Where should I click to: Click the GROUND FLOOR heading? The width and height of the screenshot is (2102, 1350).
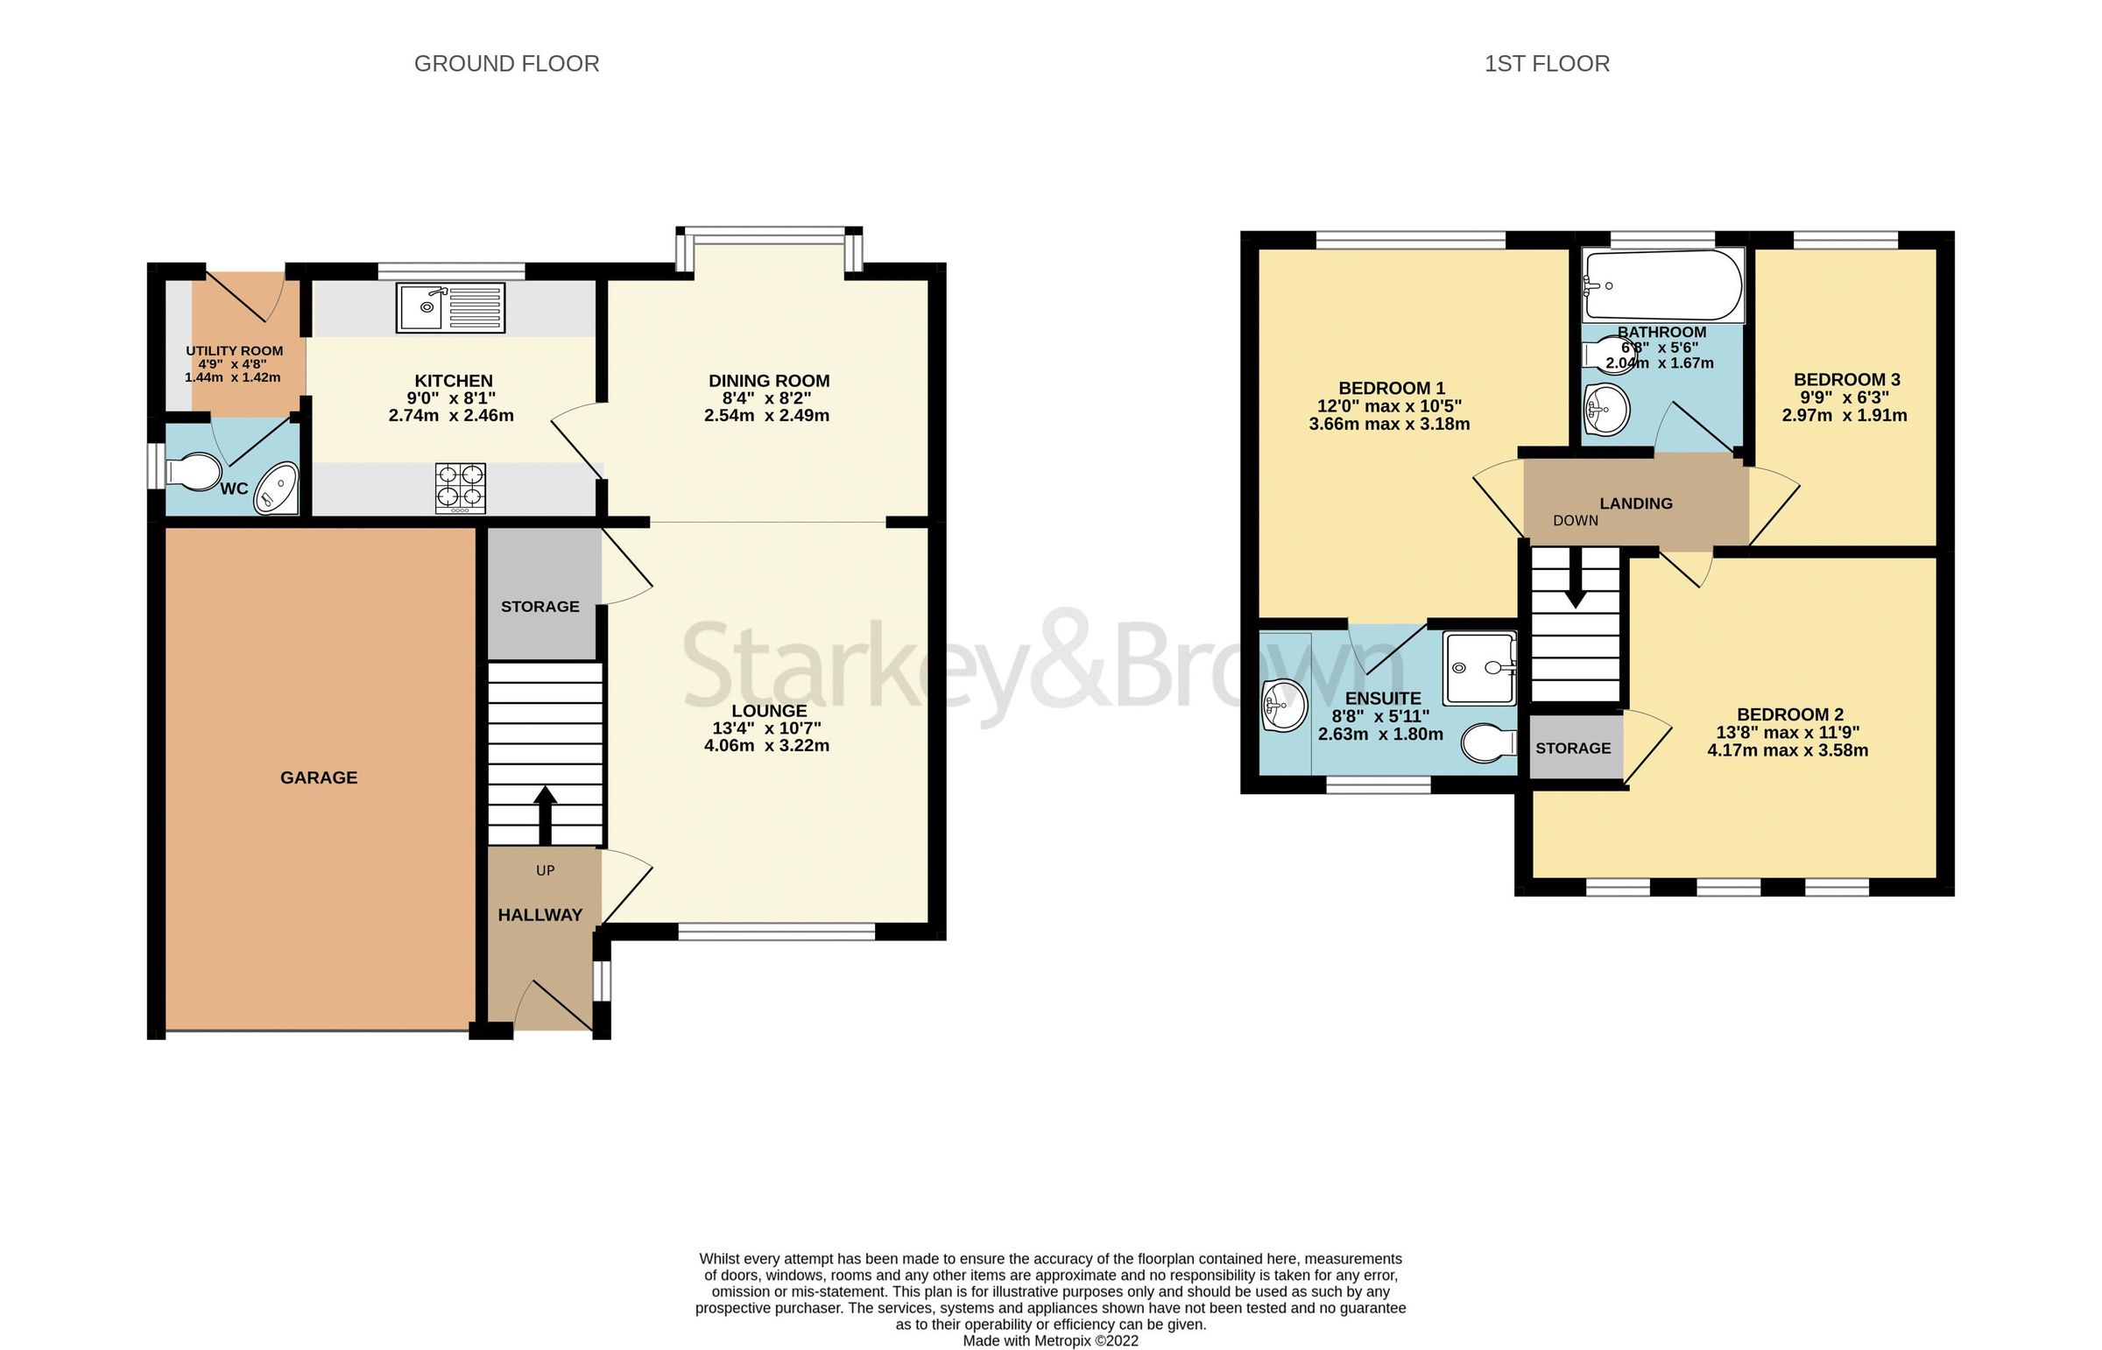click(x=506, y=64)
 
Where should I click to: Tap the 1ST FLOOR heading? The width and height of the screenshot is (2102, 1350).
click(x=1546, y=64)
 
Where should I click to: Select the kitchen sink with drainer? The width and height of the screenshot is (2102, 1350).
click(x=450, y=306)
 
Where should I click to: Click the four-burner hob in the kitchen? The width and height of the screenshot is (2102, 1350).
click(x=461, y=488)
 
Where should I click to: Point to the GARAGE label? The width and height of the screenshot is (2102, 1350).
click(x=318, y=777)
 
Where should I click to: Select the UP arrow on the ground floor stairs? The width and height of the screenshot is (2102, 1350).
click(x=546, y=812)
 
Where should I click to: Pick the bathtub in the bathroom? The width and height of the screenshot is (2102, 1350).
click(x=1662, y=285)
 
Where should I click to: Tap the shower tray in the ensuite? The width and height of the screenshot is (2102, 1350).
click(x=1479, y=668)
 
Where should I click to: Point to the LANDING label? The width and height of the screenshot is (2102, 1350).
click(x=1635, y=503)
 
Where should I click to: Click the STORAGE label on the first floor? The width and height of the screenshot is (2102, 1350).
click(x=1572, y=748)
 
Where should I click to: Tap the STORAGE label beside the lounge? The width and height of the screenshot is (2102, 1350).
click(x=540, y=607)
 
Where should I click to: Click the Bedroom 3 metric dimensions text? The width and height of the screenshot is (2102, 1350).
click(x=1844, y=416)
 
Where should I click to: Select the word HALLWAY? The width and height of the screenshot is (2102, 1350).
click(x=540, y=915)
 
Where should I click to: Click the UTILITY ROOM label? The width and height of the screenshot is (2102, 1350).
click(x=234, y=351)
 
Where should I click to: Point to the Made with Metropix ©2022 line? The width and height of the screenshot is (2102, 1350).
click(x=1049, y=1340)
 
